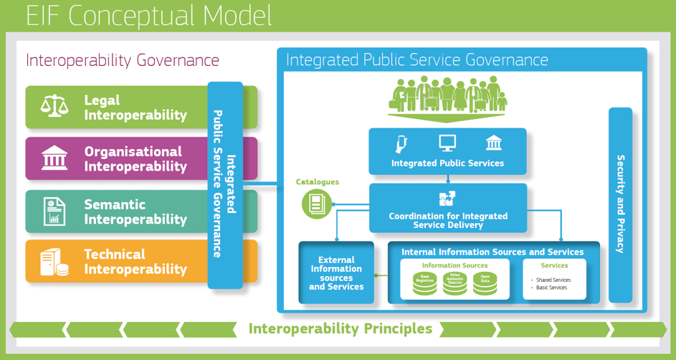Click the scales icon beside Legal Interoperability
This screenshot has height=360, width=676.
pos(54,107)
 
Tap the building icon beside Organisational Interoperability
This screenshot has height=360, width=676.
pos(54,158)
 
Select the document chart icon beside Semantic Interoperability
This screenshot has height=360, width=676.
pos(54,212)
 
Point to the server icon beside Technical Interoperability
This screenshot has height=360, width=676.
pos(54,262)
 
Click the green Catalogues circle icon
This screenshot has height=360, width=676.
pos(316,205)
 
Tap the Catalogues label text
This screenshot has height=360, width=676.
pos(317,182)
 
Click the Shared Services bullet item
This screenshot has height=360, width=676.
pos(553,280)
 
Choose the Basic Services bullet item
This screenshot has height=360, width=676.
pos(551,288)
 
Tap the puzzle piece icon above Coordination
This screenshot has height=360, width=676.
pos(447,199)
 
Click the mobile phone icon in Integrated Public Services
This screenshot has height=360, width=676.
pos(401,144)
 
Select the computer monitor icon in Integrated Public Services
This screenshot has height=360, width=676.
pos(447,143)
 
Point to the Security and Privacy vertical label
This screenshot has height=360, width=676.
pos(620,204)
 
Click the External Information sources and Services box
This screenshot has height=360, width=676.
pos(336,273)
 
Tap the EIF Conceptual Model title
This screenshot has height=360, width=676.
pos(149,15)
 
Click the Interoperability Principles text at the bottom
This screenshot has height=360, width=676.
pos(341,329)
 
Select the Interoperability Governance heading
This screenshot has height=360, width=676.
pos(123,60)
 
